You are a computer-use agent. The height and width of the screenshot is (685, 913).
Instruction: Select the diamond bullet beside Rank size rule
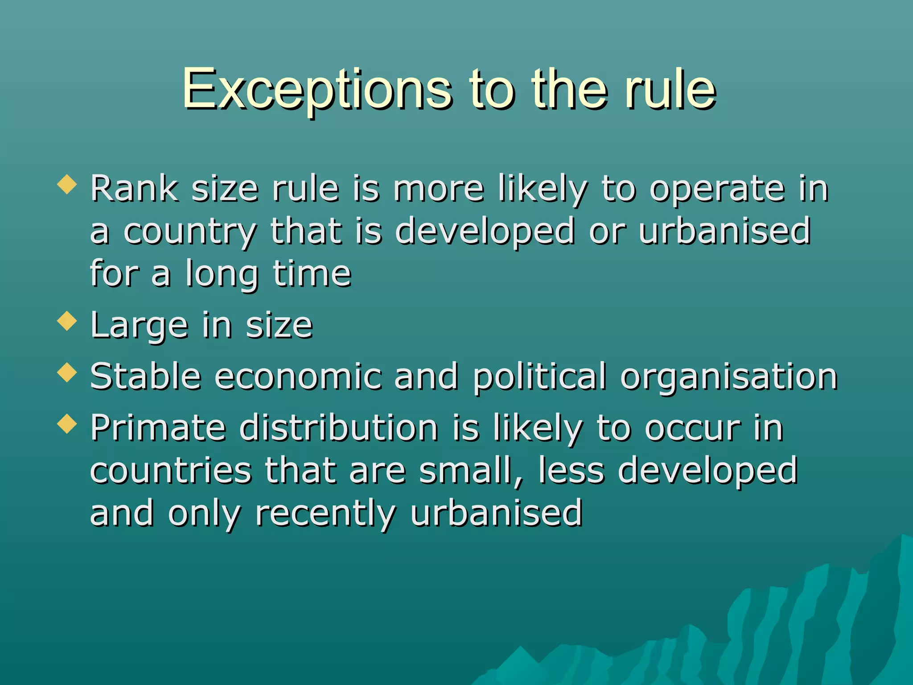pyautogui.click(x=67, y=184)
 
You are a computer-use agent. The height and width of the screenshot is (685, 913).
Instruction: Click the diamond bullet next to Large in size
pyautogui.click(x=67, y=321)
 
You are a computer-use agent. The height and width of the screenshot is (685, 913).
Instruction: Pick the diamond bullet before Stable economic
pyautogui.click(x=67, y=372)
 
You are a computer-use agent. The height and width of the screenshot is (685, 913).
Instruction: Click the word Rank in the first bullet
pyautogui.click(x=134, y=188)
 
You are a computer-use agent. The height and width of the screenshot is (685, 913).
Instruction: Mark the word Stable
pyautogui.click(x=145, y=376)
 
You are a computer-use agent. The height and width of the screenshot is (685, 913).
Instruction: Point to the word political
pyautogui.click(x=539, y=377)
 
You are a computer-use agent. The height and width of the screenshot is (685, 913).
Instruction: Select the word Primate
pyautogui.click(x=158, y=428)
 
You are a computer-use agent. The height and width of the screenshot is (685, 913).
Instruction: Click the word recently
pyautogui.click(x=325, y=514)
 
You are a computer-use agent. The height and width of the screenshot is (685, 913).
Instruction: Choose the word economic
pyautogui.click(x=298, y=376)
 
